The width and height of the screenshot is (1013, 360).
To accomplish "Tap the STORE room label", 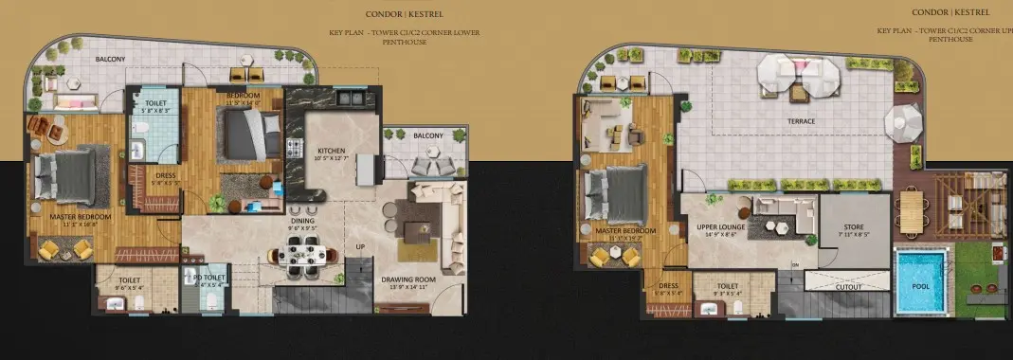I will click(x=855, y=228).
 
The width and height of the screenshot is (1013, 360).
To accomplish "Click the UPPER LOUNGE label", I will click(x=725, y=228).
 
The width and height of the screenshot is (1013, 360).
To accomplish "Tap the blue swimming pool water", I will click(x=918, y=279).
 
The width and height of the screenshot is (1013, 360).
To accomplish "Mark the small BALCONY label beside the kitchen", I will click(x=427, y=135).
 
